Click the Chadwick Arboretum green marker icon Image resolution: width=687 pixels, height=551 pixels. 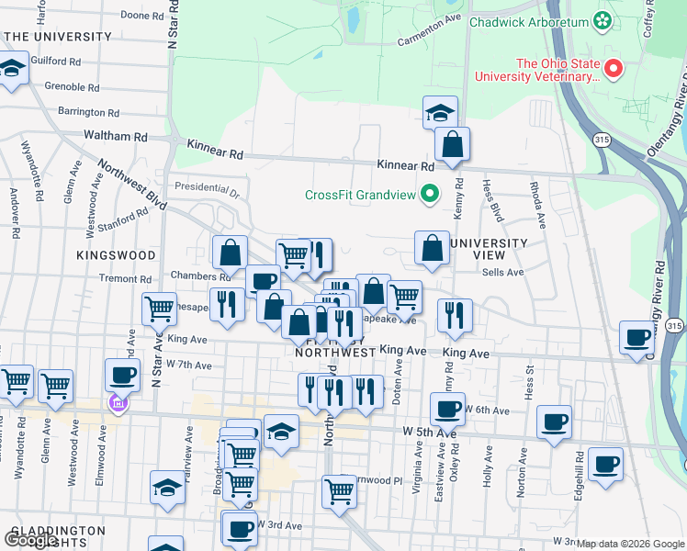[x=602, y=19]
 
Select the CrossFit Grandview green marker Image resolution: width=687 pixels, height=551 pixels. [x=429, y=193]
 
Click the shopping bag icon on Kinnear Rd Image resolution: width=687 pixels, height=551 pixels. [x=453, y=144]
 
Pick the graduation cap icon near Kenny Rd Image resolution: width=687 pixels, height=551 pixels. [x=440, y=114]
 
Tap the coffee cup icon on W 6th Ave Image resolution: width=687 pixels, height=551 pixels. [x=447, y=408]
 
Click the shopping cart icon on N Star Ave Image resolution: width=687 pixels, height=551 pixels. [x=160, y=309]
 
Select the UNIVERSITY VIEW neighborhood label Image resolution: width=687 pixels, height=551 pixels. [x=490, y=249]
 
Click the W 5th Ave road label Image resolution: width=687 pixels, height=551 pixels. [x=429, y=431]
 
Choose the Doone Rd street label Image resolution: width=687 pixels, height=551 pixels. [x=141, y=16]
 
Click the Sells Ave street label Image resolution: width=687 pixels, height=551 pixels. [x=502, y=272]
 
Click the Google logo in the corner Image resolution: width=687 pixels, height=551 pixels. [x=31, y=540]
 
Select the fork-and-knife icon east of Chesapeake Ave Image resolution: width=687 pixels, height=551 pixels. [x=454, y=315]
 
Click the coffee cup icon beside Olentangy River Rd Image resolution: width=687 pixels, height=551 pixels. [x=636, y=337]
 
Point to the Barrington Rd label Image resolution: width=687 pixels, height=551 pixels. [x=88, y=113]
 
